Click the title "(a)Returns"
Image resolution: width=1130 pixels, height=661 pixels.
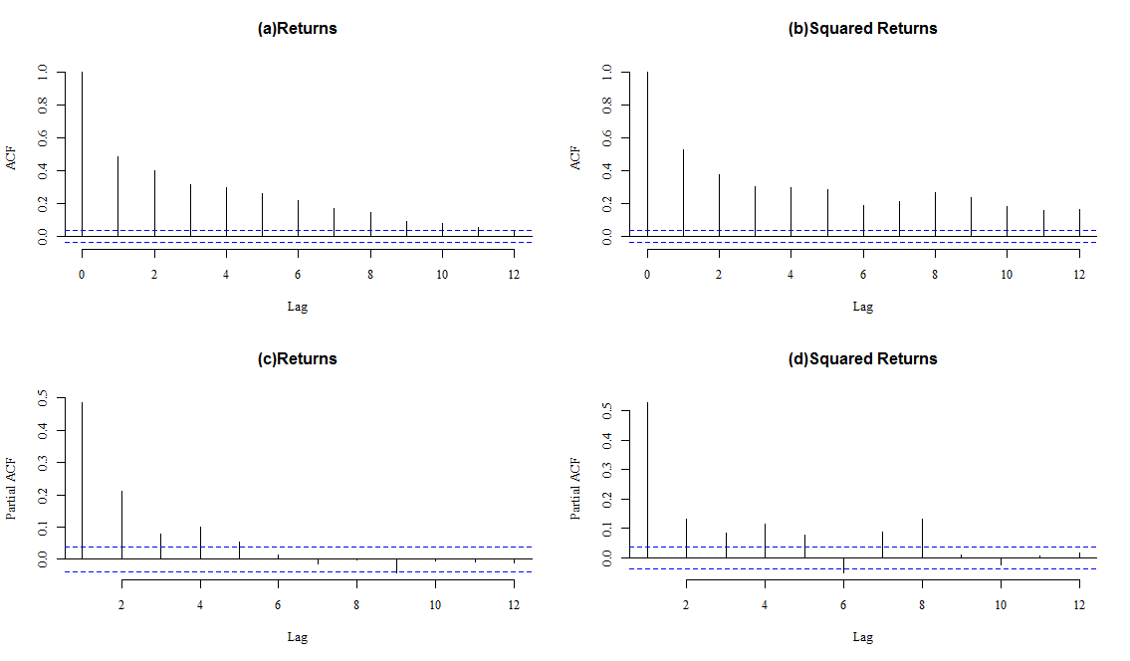tap(297, 29)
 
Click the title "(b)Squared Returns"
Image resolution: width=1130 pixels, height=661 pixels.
tap(862, 29)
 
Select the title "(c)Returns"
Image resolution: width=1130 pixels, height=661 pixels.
tap(297, 358)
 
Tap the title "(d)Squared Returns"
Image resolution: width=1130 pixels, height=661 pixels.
tap(862, 358)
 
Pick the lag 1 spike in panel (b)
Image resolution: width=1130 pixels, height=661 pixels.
tap(683, 193)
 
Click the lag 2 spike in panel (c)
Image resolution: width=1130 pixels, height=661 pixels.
tap(121, 525)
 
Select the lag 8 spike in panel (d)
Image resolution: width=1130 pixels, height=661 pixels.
tap(922, 538)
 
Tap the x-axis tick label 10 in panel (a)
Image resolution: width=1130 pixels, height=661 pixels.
tap(442, 274)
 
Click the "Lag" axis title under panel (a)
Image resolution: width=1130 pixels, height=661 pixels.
tap(297, 307)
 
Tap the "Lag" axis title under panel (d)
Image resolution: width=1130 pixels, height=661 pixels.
tap(862, 637)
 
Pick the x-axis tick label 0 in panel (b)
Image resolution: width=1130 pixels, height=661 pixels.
tap(647, 274)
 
